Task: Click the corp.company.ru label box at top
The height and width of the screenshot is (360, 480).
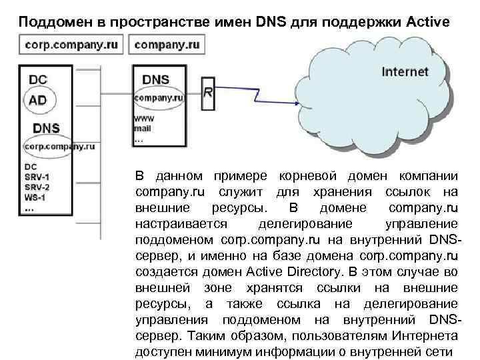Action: point(73,46)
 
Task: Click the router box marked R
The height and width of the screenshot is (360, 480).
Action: point(208,93)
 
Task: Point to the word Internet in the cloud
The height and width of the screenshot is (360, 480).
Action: point(405,72)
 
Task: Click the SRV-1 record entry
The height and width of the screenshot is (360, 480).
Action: point(37,176)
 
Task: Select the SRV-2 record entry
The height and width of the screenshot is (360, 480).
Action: point(37,187)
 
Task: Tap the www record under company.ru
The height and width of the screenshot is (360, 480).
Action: point(145,118)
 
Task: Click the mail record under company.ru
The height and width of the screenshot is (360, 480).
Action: point(144,127)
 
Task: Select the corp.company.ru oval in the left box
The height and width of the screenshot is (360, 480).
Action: point(59,145)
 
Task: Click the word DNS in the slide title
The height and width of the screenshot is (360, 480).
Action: point(270,21)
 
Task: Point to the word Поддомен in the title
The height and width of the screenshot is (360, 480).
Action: point(51,21)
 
